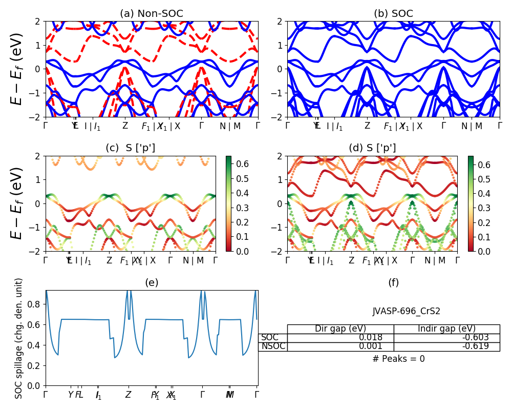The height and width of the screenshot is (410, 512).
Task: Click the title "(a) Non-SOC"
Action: [x=151, y=14]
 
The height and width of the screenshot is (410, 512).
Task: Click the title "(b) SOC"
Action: [x=393, y=14]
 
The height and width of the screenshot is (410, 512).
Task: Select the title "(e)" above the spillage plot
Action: [x=152, y=282]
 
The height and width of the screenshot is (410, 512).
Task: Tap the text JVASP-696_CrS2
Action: [x=406, y=311]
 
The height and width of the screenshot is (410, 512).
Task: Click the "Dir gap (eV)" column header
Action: [x=340, y=329]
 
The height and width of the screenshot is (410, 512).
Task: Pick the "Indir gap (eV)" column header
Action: [x=446, y=329]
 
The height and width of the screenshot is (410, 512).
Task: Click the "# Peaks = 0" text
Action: [x=398, y=359]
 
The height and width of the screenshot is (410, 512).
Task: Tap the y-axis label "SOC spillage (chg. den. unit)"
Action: [x=19, y=338]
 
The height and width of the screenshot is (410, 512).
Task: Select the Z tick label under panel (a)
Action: [x=125, y=126]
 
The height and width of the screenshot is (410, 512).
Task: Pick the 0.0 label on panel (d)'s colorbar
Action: [x=483, y=251]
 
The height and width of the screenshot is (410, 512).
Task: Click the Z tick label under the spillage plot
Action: [x=128, y=395]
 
